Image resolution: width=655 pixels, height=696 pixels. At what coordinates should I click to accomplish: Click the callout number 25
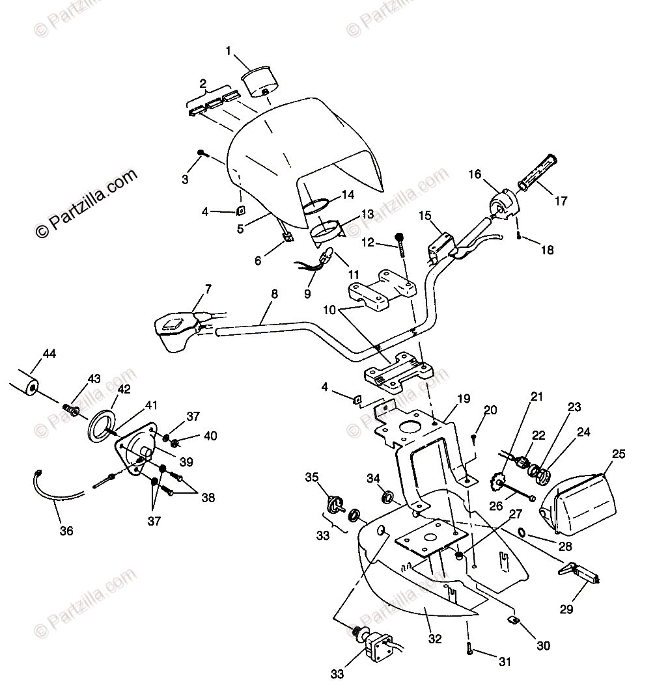[618, 453]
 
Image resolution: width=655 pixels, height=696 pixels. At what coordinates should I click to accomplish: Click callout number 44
[49, 354]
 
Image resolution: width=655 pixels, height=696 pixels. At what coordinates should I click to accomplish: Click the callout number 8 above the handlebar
[274, 293]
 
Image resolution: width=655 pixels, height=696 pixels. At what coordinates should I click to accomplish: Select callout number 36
[66, 531]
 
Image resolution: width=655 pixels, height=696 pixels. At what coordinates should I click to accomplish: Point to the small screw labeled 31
[469, 647]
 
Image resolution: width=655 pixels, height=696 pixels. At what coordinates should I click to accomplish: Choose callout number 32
[435, 640]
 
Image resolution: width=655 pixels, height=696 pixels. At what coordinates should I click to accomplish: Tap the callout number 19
[463, 399]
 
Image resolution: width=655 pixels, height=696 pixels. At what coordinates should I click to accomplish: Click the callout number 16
[474, 174]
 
